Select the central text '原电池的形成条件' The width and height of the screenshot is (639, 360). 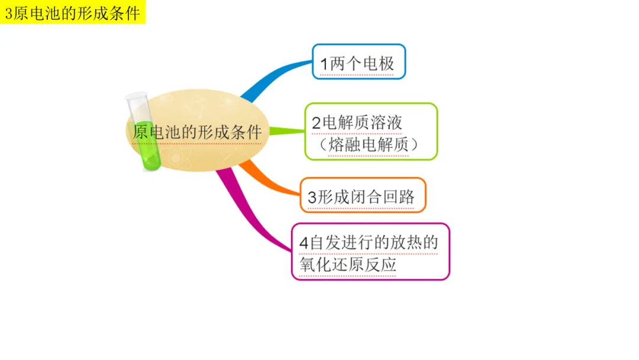(x=197, y=131)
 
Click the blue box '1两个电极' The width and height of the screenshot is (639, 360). (x=359, y=62)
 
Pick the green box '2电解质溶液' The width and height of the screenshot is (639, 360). (x=371, y=131)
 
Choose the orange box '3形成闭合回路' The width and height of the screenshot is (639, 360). (x=363, y=195)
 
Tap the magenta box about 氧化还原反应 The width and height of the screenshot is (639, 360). (x=370, y=252)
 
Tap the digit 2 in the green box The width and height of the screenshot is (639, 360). (x=317, y=123)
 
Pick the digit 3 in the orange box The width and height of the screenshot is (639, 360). (x=312, y=197)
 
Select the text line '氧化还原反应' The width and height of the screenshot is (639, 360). (x=348, y=265)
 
